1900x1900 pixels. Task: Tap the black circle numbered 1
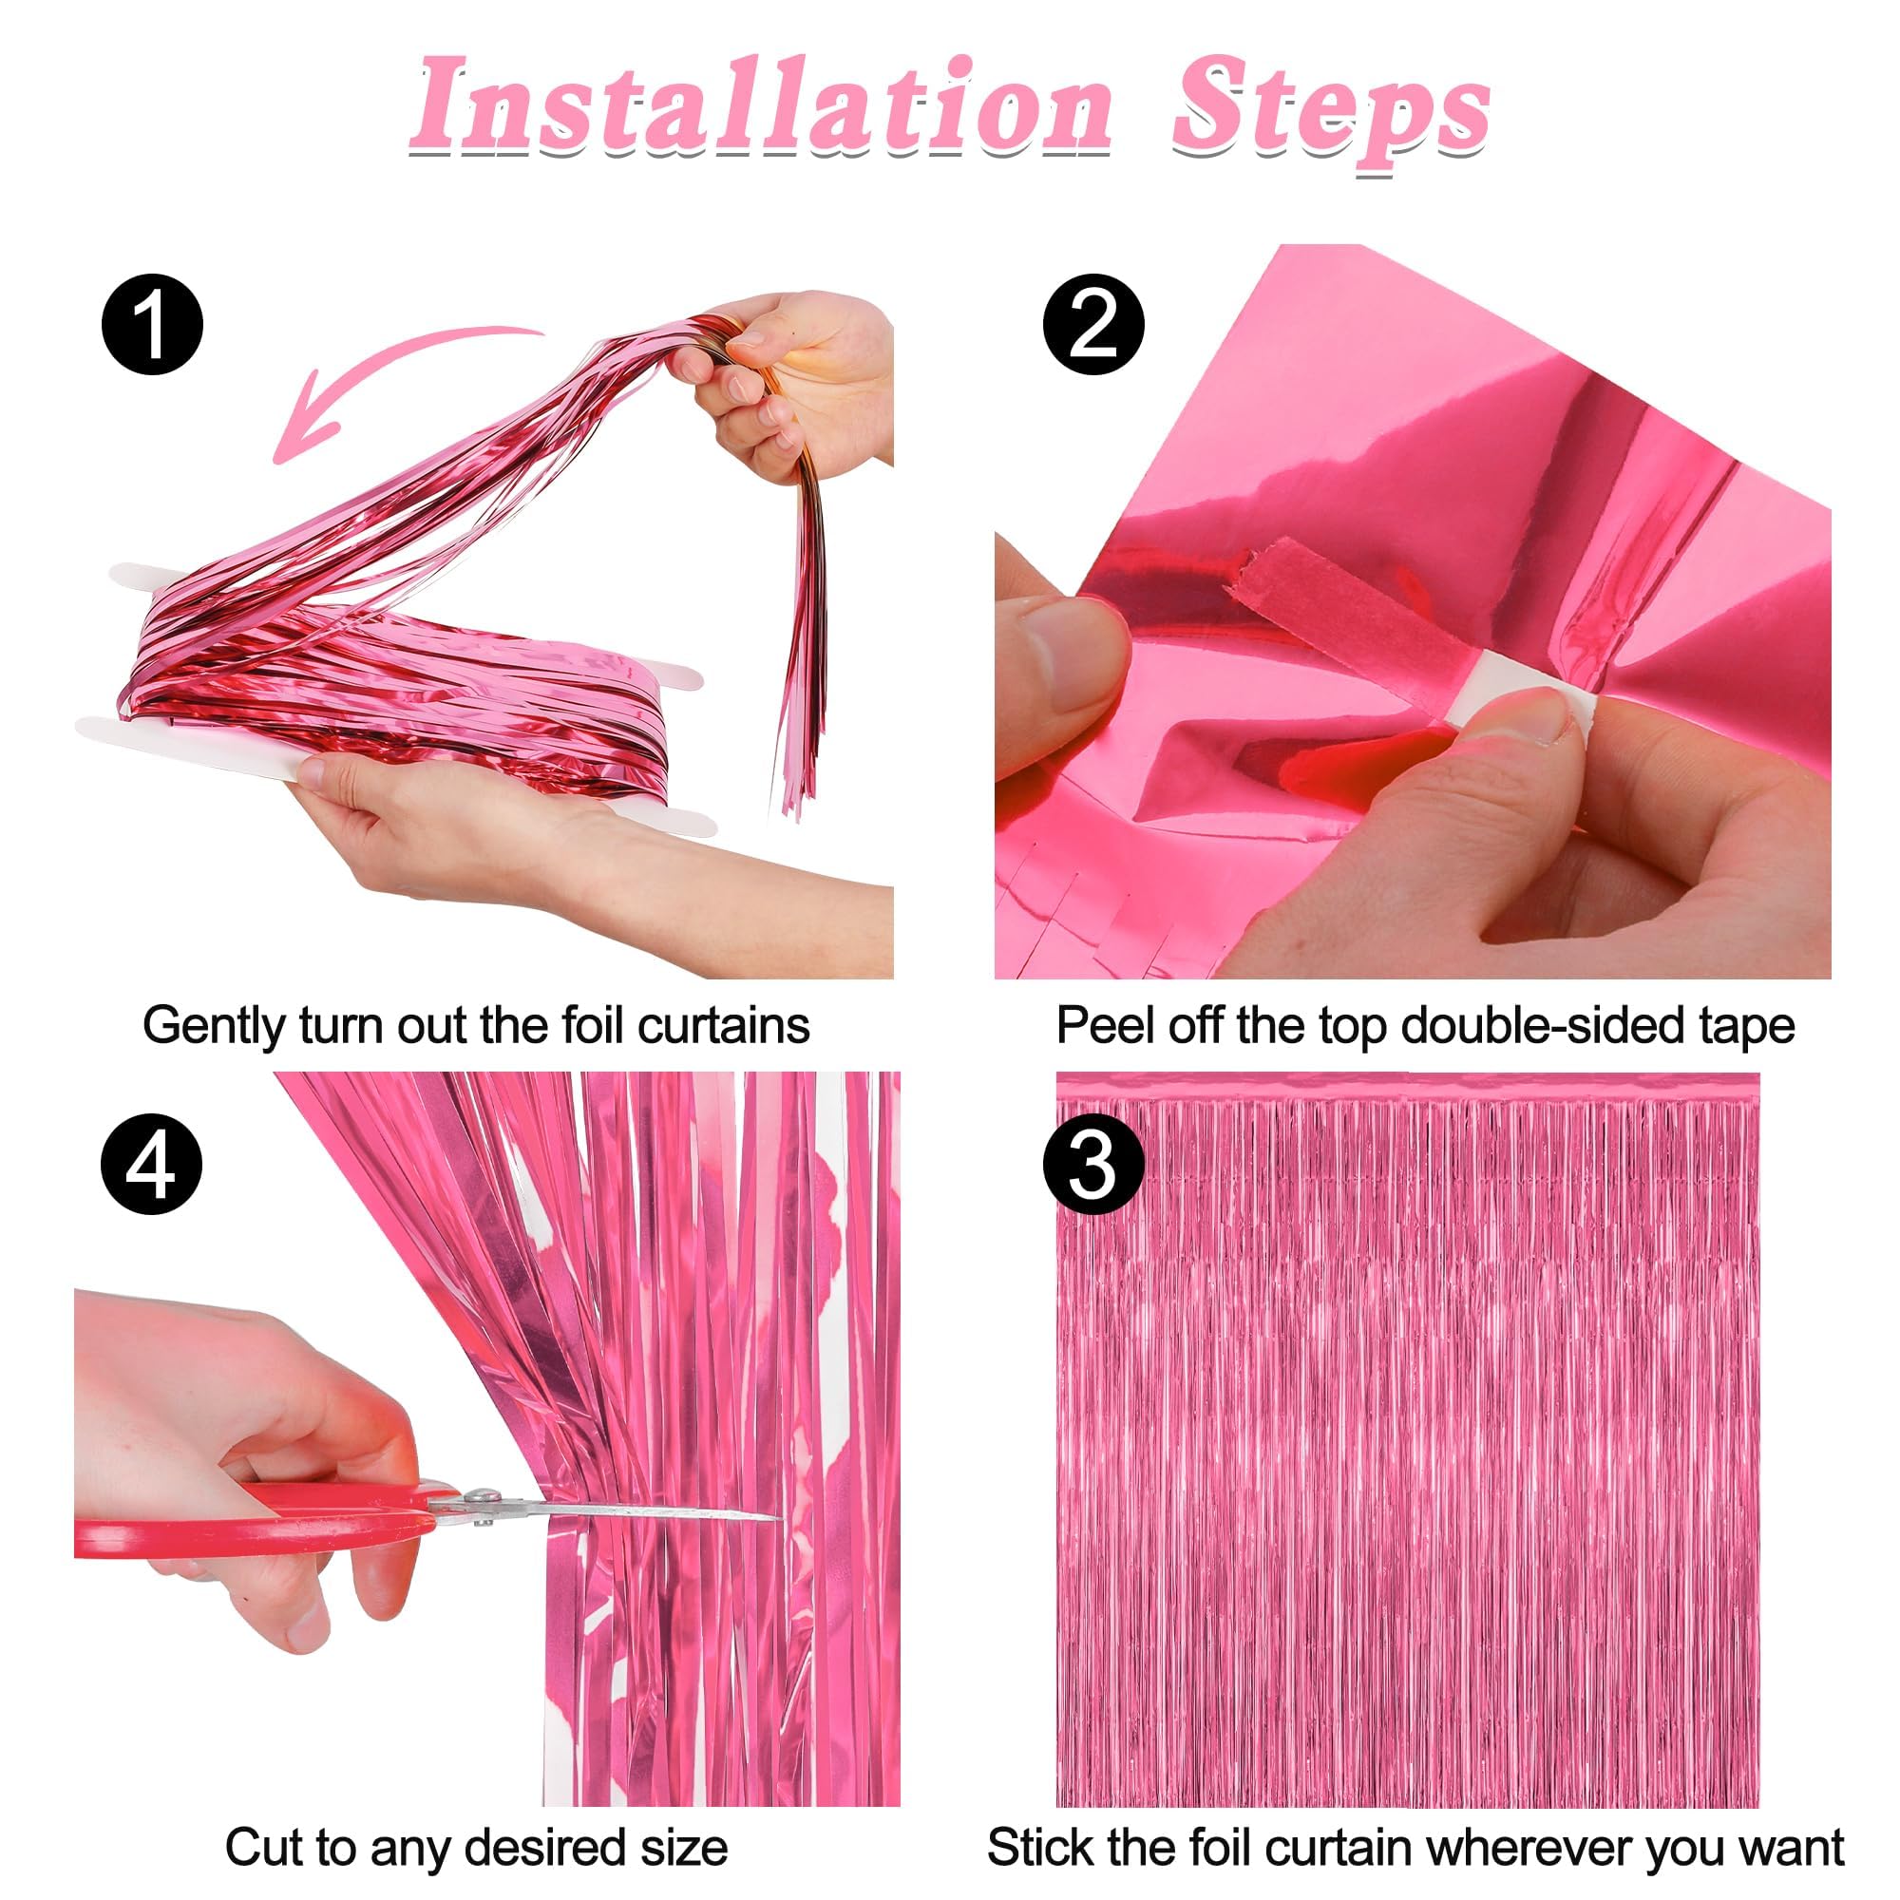[x=152, y=324]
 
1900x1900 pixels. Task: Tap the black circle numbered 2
[x=1092, y=324]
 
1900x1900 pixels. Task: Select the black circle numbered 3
[x=1092, y=1167]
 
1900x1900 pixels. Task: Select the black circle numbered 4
[x=151, y=1165]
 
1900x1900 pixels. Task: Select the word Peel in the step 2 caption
[x=1093, y=1027]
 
